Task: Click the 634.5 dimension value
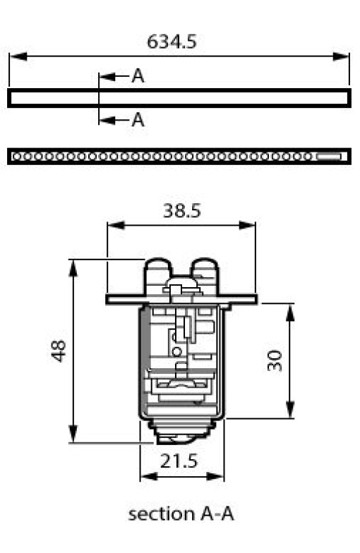point(172,41)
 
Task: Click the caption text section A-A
point(181,514)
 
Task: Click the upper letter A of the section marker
point(138,76)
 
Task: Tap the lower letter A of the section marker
point(138,120)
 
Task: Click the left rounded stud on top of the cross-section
point(158,271)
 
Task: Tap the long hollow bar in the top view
point(179,97)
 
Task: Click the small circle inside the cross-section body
point(177,351)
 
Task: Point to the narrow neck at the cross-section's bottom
point(182,429)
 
